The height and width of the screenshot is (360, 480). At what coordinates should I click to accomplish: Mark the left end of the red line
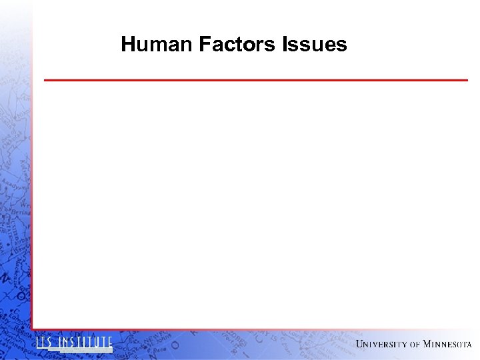(45, 80)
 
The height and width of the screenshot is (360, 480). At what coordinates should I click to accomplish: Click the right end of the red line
(467, 80)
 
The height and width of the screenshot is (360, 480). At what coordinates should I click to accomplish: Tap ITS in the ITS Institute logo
(45, 343)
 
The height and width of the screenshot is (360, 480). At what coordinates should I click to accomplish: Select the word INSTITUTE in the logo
(85, 343)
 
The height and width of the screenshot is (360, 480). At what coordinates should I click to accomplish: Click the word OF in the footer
(415, 345)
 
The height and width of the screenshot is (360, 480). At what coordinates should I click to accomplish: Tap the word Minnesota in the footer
(447, 344)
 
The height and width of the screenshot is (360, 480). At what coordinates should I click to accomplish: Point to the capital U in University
(361, 344)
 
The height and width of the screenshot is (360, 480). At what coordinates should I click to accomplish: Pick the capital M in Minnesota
(427, 344)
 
